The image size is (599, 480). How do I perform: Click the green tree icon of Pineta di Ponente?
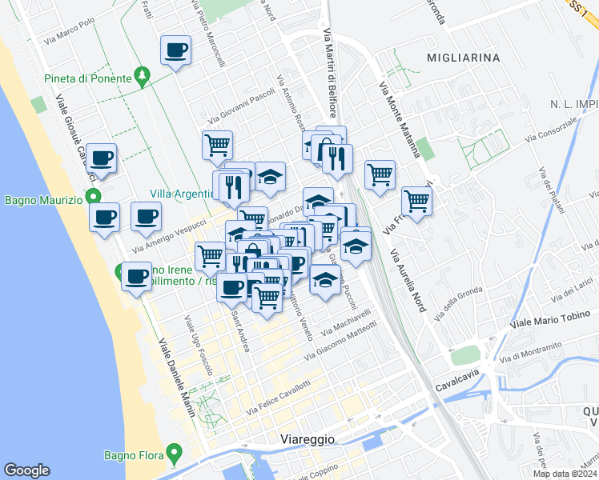pos(143,77)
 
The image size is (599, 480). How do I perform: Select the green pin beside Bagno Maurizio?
pos(94,197)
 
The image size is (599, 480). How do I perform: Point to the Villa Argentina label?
pos(181,194)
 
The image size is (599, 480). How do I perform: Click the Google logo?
pos(26,470)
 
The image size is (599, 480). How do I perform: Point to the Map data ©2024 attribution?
pos(565,474)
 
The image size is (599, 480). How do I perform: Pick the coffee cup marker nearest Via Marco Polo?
pos(175,51)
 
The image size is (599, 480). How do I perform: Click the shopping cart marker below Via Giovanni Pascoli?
pos(217,146)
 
